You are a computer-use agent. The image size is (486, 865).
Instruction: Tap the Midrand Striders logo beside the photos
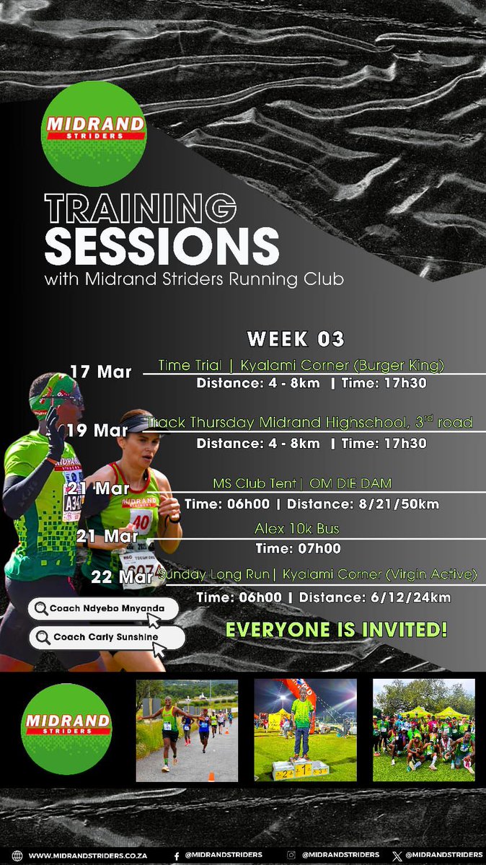click(66, 729)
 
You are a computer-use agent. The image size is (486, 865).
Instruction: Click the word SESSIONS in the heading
click(162, 246)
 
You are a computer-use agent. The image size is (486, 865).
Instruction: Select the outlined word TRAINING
click(140, 208)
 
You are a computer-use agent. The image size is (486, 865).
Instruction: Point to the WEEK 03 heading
click(296, 338)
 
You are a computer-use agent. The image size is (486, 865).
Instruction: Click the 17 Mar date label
click(101, 372)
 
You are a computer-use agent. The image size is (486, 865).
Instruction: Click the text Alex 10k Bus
click(296, 529)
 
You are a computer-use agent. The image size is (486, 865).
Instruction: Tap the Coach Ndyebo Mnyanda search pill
click(102, 609)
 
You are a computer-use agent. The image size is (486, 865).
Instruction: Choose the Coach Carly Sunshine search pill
click(105, 638)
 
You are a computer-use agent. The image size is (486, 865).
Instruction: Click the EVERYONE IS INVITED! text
click(336, 629)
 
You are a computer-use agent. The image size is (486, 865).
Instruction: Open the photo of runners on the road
click(187, 730)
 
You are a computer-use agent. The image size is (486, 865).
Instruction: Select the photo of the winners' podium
click(305, 730)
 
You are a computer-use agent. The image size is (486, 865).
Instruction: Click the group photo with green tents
click(423, 730)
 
